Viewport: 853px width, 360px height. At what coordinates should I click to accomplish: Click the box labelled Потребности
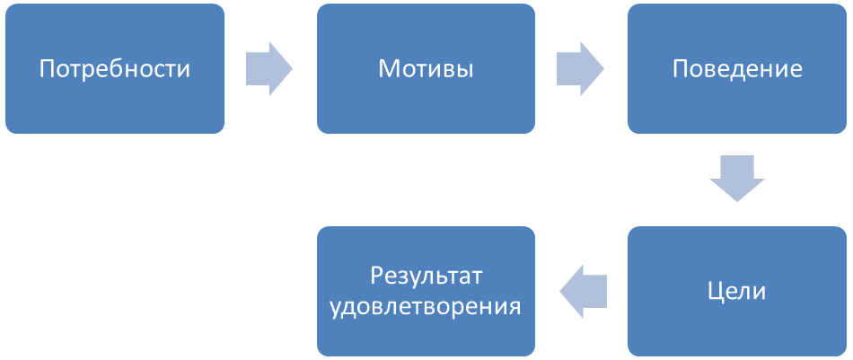pos(115,68)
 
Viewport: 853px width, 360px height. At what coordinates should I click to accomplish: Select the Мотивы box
pos(426,68)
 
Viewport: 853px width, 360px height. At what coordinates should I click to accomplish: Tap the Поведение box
pos(737,68)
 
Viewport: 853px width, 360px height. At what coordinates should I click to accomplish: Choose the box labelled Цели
pos(737,292)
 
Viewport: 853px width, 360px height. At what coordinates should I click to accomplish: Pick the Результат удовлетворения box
pos(426,292)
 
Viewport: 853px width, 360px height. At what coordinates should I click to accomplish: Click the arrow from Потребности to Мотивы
pos(269,68)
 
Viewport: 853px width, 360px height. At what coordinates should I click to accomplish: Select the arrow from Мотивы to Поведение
pos(580,68)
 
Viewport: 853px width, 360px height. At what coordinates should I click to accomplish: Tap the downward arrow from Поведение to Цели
pos(737,179)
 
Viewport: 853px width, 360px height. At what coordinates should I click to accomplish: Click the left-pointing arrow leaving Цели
pos(583,292)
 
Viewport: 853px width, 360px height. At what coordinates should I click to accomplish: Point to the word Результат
pos(426,276)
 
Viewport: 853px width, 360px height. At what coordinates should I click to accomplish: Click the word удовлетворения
pos(426,307)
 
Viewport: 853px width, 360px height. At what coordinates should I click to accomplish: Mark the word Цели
pos(737,292)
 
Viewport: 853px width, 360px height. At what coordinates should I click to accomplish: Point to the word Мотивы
pos(426,69)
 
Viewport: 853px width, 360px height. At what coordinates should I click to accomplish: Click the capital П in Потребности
pos(48,69)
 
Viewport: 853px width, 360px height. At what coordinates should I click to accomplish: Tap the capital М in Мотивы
pos(390,69)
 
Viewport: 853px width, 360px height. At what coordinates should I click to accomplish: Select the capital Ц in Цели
pos(717,293)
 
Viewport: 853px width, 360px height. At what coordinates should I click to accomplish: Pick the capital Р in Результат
pos(377,276)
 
